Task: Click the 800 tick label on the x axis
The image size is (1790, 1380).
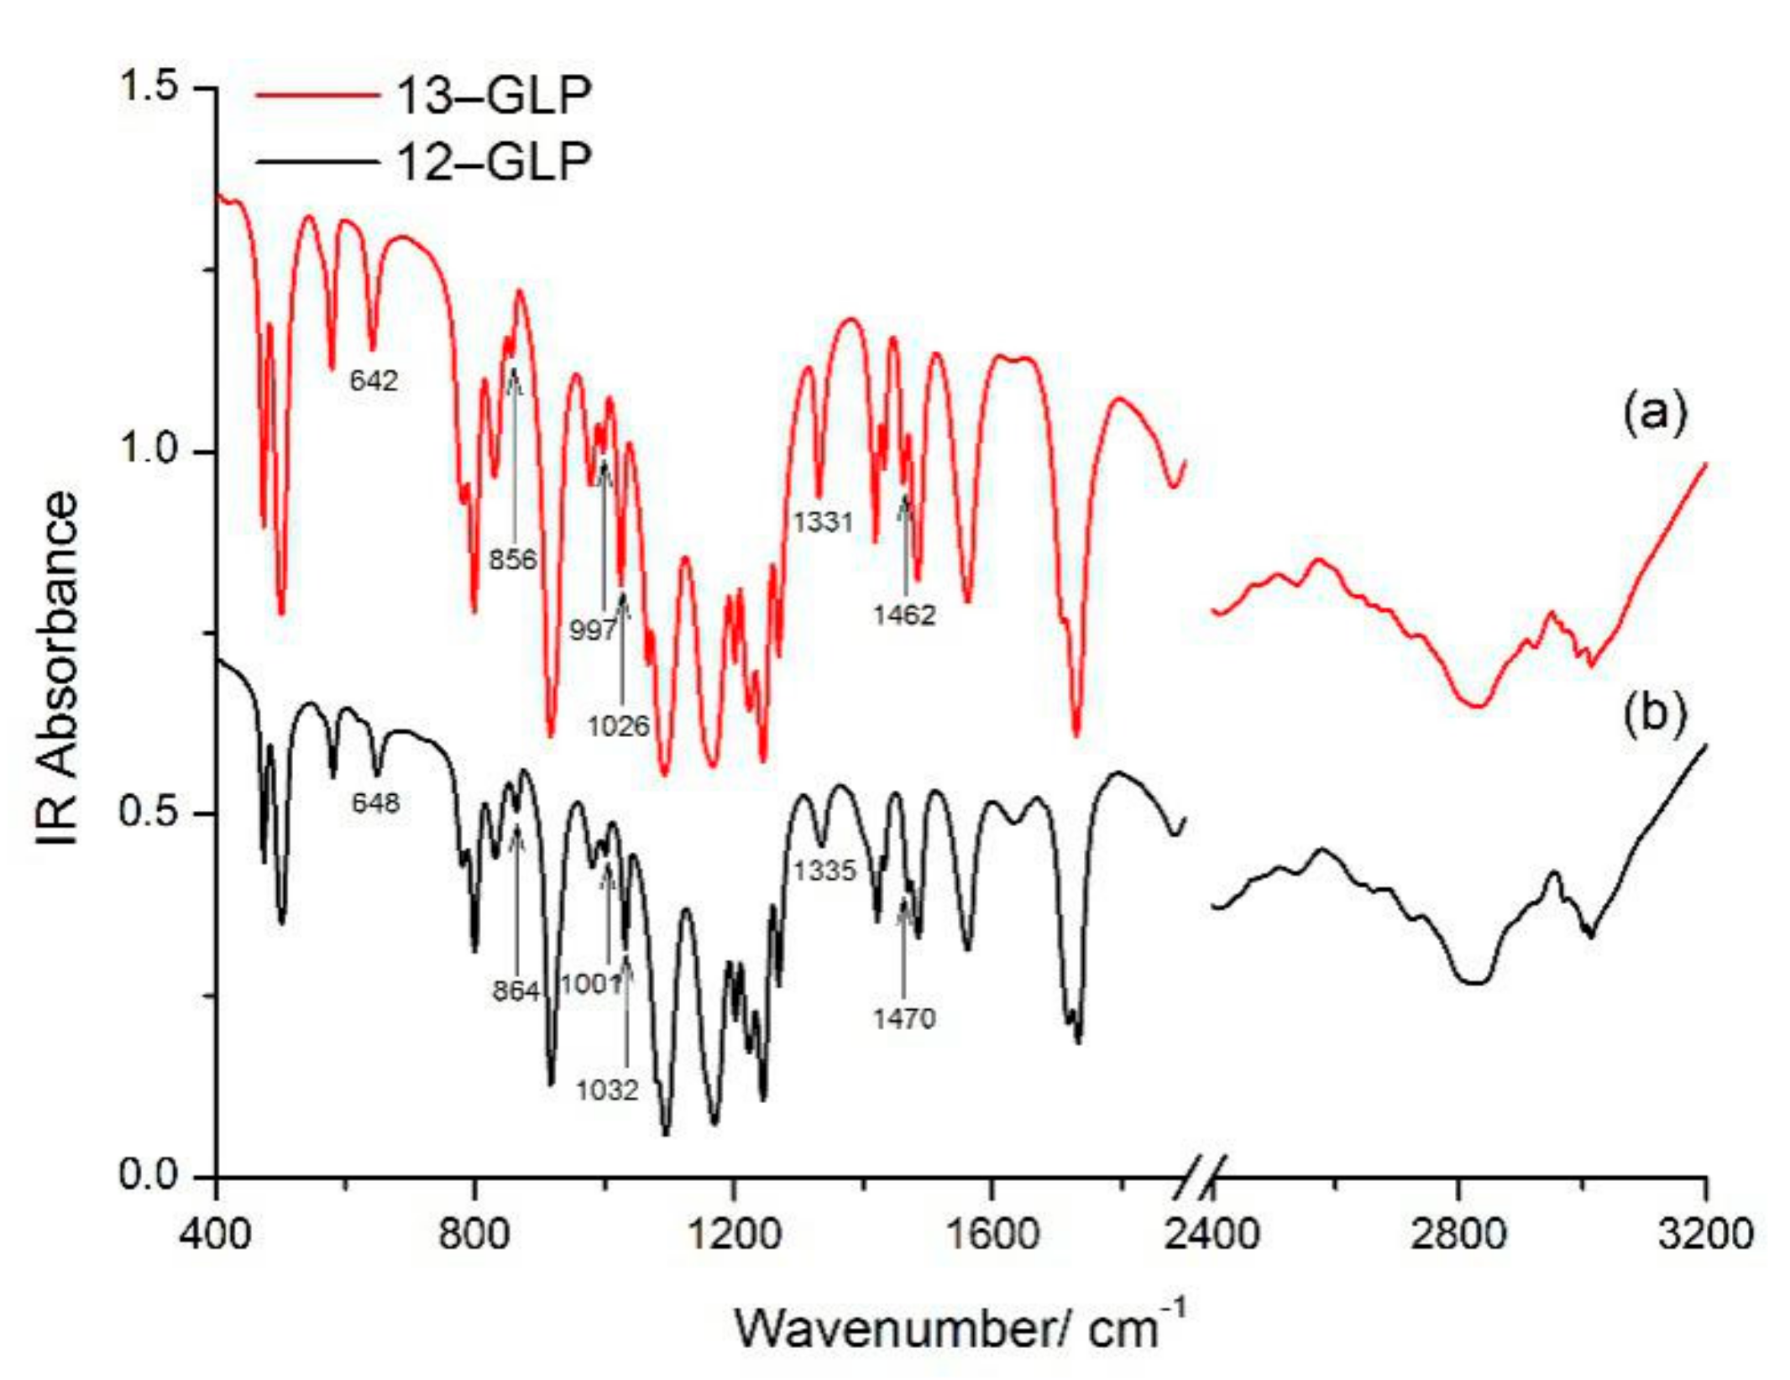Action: pos(475,1234)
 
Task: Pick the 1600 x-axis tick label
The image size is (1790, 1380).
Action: pos(992,1234)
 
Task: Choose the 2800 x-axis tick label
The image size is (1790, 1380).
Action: pos(1458,1234)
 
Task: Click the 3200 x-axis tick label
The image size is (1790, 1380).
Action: pos(1705,1234)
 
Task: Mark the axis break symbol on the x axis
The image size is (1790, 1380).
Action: pos(1202,1178)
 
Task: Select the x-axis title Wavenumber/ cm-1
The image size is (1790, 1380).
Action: pos(960,1328)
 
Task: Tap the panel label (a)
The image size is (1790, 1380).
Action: pos(1653,413)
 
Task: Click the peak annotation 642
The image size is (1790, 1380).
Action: pos(374,381)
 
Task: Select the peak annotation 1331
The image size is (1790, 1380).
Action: pos(823,522)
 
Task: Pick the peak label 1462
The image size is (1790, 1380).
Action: pos(903,615)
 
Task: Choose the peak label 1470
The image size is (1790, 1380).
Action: pos(903,1019)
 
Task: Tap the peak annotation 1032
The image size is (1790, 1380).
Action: pos(607,1090)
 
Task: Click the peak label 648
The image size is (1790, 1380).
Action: pos(375,803)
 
